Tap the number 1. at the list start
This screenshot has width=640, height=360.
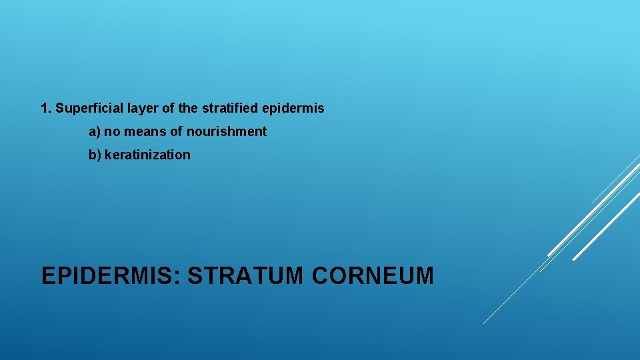pyautogui.click(x=46, y=108)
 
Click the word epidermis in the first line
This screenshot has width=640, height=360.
pyautogui.click(x=294, y=109)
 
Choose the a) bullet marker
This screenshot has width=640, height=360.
pyautogui.click(x=95, y=132)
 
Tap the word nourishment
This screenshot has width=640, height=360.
pyautogui.click(x=227, y=132)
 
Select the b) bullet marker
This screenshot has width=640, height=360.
pyautogui.click(x=95, y=155)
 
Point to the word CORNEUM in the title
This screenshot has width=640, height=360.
pyautogui.click(x=371, y=275)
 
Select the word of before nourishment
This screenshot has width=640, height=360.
pyautogui.click(x=177, y=132)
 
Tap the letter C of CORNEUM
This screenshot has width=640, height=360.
pyautogui.click(x=319, y=275)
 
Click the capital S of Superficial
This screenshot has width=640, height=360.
pyautogui.click(x=60, y=108)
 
